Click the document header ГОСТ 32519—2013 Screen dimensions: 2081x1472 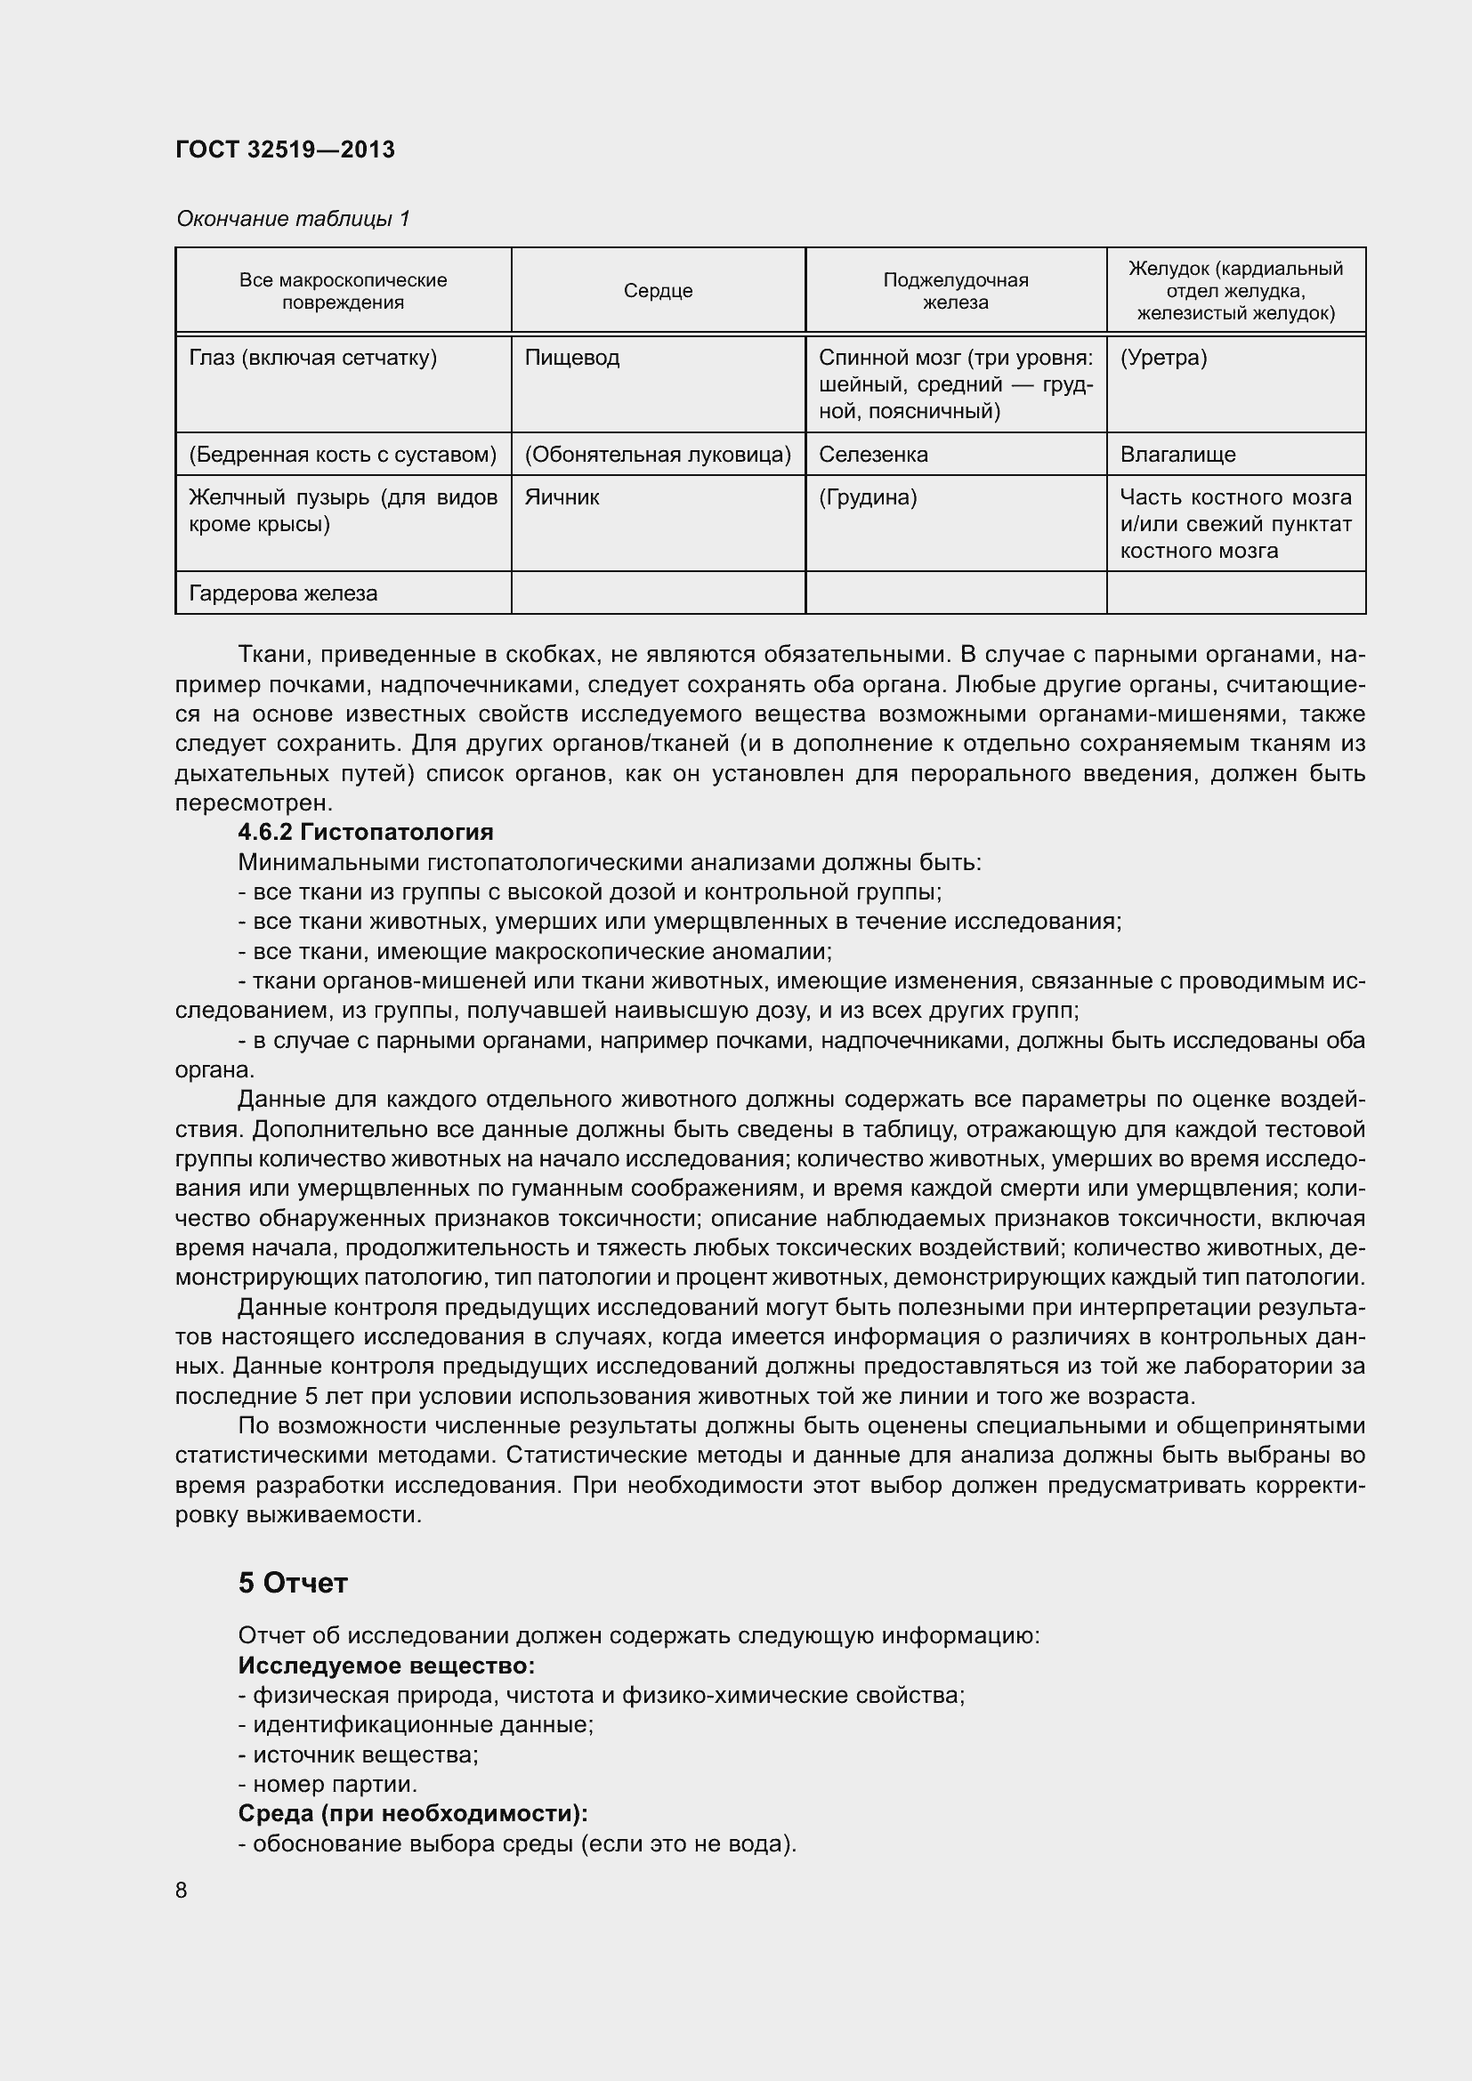click(x=285, y=149)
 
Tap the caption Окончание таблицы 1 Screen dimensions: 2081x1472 click(x=293, y=219)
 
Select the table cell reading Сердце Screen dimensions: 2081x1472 click(x=658, y=291)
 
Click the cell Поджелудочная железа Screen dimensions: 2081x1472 click(x=955, y=291)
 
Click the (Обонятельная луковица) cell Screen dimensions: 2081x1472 click(x=658, y=454)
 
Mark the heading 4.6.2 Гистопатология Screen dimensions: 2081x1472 click(x=365, y=832)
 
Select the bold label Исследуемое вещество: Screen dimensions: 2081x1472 click(x=386, y=1666)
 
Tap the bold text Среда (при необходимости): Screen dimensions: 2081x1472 click(x=412, y=1813)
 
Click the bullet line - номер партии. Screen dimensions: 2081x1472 click(x=328, y=1785)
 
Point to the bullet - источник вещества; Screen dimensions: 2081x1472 click(x=358, y=1754)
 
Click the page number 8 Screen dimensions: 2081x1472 click(x=182, y=1891)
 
